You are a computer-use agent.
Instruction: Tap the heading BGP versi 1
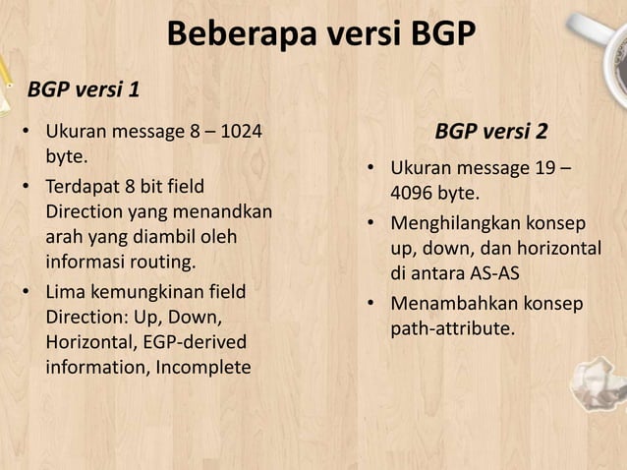click(x=83, y=90)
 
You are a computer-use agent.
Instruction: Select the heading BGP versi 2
click(x=491, y=132)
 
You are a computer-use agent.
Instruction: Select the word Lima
click(x=67, y=292)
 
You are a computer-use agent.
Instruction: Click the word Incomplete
click(x=202, y=369)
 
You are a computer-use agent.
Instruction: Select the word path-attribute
click(x=452, y=328)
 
